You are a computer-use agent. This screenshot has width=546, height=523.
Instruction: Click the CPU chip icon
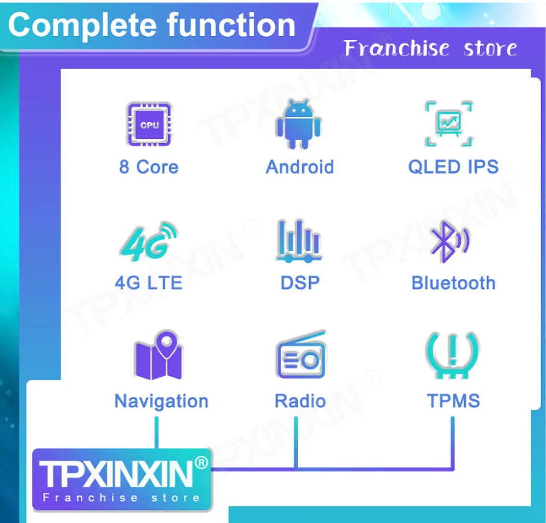click(x=149, y=125)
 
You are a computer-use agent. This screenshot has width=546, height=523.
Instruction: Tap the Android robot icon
click(x=298, y=124)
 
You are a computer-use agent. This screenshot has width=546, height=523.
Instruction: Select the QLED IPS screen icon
click(x=449, y=124)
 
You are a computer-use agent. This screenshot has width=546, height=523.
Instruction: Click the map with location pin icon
click(x=159, y=355)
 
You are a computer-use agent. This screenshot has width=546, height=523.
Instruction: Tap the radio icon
click(x=301, y=355)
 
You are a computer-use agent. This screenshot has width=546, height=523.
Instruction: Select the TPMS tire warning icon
click(x=452, y=356)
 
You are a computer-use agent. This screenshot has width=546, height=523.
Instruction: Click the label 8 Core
click(x=149, y=167)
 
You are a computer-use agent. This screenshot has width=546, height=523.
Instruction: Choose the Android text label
click(x=300, y=167)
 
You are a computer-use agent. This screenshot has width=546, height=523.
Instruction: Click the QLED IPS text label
click(x=453, y=167)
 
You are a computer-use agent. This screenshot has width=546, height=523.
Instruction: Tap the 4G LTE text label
click(x=149, y=283)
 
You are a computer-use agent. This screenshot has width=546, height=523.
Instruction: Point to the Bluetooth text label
click(x=453, y=283)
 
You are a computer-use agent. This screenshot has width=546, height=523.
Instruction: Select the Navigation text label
click(x=161, y=401)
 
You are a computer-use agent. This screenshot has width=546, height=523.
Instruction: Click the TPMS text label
click(x=453, y=400)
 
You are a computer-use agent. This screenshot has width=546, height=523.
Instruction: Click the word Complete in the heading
click(x=83, y=26)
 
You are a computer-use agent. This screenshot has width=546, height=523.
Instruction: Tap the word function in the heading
click(x=231, y=25)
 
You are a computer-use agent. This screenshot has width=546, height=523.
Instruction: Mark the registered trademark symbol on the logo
click(x=201, y=463)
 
